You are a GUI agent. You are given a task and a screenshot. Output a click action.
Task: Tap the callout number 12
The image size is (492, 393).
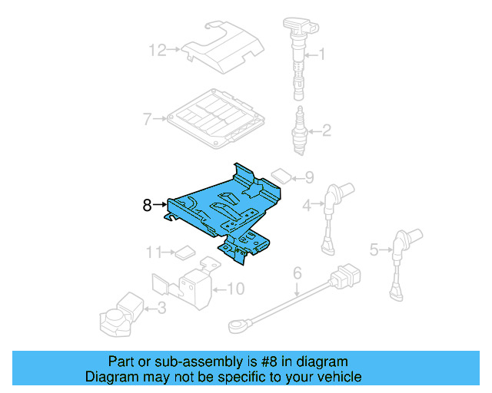tap(157, 51)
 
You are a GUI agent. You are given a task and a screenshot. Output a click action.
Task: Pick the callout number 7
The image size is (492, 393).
tap(147, 119)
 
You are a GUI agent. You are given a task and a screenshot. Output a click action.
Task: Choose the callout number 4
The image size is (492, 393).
tap(307, 205)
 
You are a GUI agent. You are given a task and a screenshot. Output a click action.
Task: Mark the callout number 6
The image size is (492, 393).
tap(296, 272)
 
